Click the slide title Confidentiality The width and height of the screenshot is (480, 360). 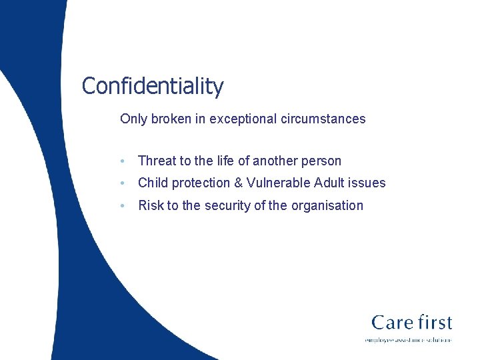[x=152, y=86]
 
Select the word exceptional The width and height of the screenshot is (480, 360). [x=248, y=119]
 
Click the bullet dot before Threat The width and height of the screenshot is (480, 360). [x=123, y=161]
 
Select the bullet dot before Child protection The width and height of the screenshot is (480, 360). [x=123, y=183]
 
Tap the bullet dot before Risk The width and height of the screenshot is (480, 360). [x=123, y=206]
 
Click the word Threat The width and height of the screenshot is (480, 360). [x=157, y=161]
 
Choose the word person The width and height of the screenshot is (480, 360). [x=321, y=161]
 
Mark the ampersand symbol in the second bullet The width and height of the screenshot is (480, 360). [x=239, y=183]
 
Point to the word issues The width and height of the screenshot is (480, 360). [x=369, y=183]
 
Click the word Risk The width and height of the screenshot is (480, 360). [x=151, y=205]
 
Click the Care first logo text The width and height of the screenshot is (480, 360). [x=411, y=323]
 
